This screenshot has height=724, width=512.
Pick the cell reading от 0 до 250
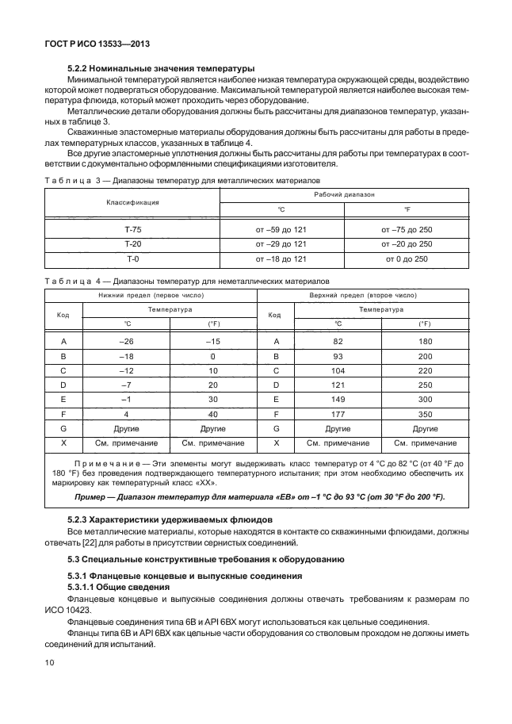coord(407,259)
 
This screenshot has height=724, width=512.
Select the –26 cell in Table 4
coord(127,341)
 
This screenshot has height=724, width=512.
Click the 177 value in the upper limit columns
coord(338,414)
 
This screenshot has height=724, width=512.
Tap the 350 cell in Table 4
coord(425,414)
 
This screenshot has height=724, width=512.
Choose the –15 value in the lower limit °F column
coord(213,341)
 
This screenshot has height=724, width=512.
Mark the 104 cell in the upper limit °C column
coord(338,370)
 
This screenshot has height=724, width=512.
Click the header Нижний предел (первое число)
coord(150,294)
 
